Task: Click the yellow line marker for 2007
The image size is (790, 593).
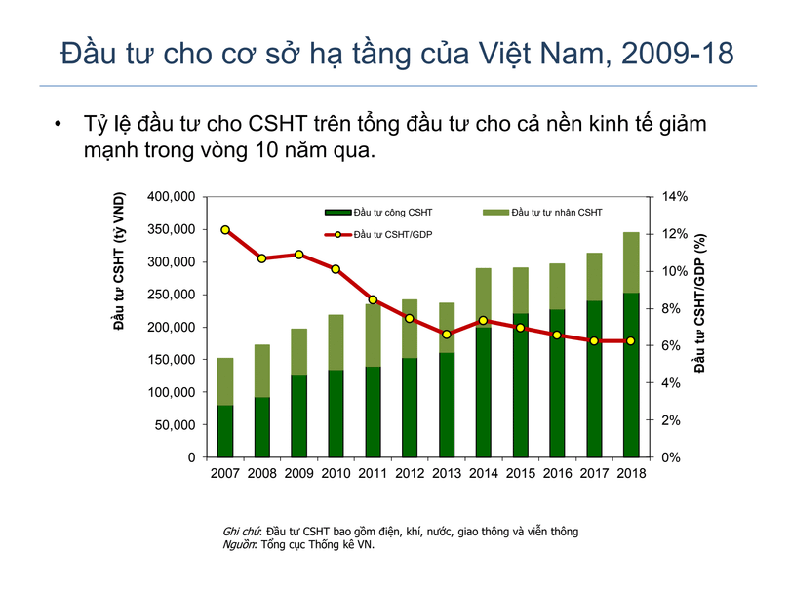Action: [225, 230]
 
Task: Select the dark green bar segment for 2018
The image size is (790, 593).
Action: [631, 375]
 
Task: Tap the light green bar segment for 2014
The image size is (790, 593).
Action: [483, 296]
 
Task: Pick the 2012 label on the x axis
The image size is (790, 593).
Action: [409, 475]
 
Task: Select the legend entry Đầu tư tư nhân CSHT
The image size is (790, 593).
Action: [549, 212]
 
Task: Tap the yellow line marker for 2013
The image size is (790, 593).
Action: [446, 335]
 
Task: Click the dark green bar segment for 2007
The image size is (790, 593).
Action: [225, 431]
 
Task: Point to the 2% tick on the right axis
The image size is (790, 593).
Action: [674, 420]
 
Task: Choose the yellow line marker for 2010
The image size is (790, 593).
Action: [336, 269]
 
